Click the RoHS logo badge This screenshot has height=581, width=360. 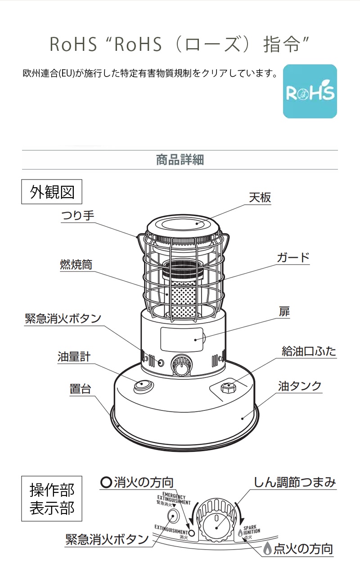[310, 91]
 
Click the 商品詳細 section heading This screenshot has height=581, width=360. [180, 160]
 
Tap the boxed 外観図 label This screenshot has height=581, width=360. [52, 192]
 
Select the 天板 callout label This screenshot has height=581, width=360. [260, 198]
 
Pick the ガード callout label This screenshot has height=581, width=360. [293, 257]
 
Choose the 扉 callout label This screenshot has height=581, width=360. [284, 311]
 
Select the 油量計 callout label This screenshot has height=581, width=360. [74, 357]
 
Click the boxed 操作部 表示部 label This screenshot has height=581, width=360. [52, 499]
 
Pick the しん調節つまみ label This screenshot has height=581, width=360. [295, 483]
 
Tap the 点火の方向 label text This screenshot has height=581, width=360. [303, 549]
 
